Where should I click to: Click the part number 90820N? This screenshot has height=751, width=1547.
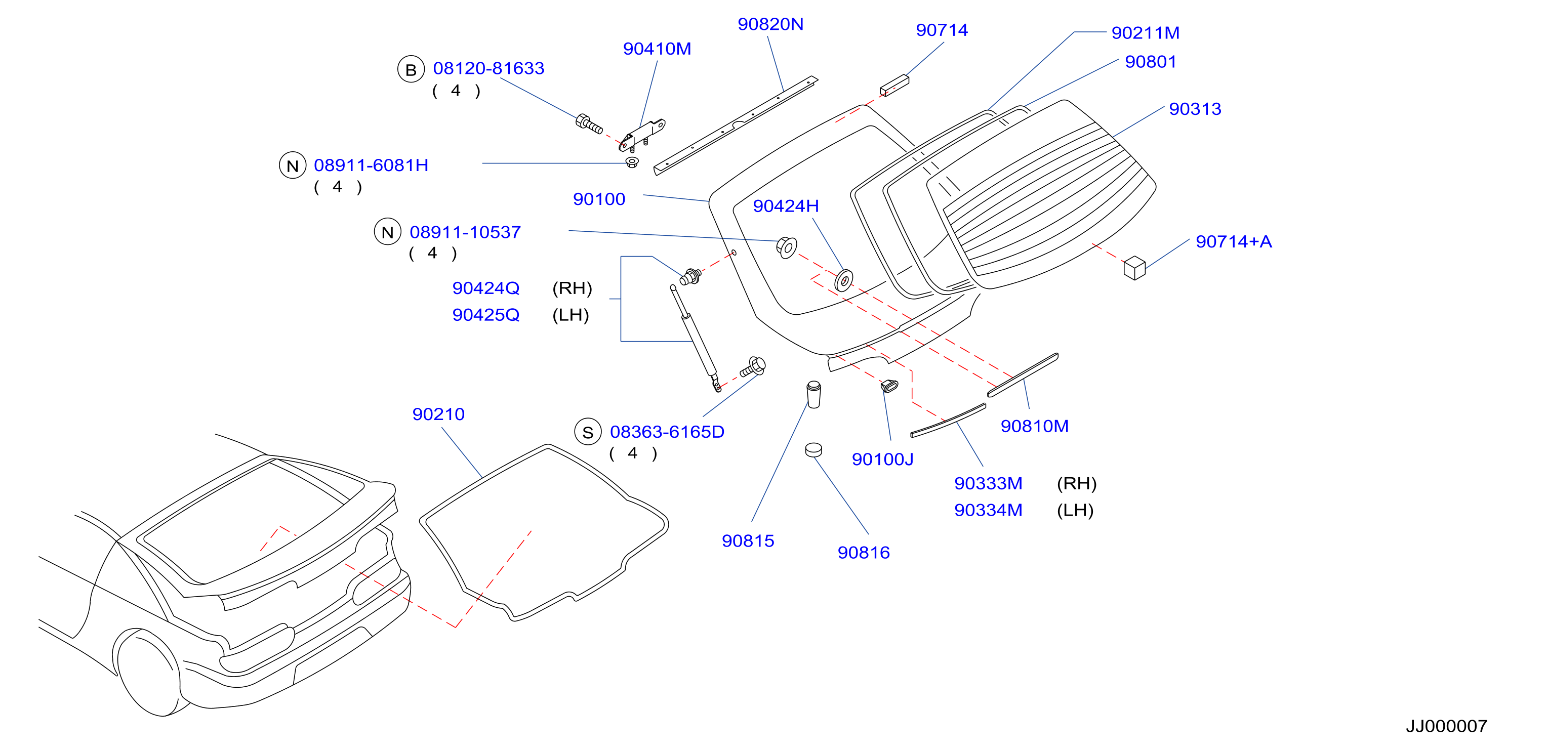click(x=770, y=24)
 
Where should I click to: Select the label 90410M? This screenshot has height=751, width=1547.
click(x=657, y=49)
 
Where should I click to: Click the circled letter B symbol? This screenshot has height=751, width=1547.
click(x=411, y=70)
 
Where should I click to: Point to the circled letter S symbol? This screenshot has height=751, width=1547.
click(x=588, y=432)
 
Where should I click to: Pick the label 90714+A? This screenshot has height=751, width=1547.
click(x=1234, y=241)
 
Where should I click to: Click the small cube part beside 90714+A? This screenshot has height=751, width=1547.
click(x=1134, y=268)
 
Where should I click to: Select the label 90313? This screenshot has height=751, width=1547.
click(x=1195, y=109)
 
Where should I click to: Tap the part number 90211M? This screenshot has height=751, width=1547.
click(x=1145, y=32)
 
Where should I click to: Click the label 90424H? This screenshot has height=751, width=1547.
click(x=786, y=206)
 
